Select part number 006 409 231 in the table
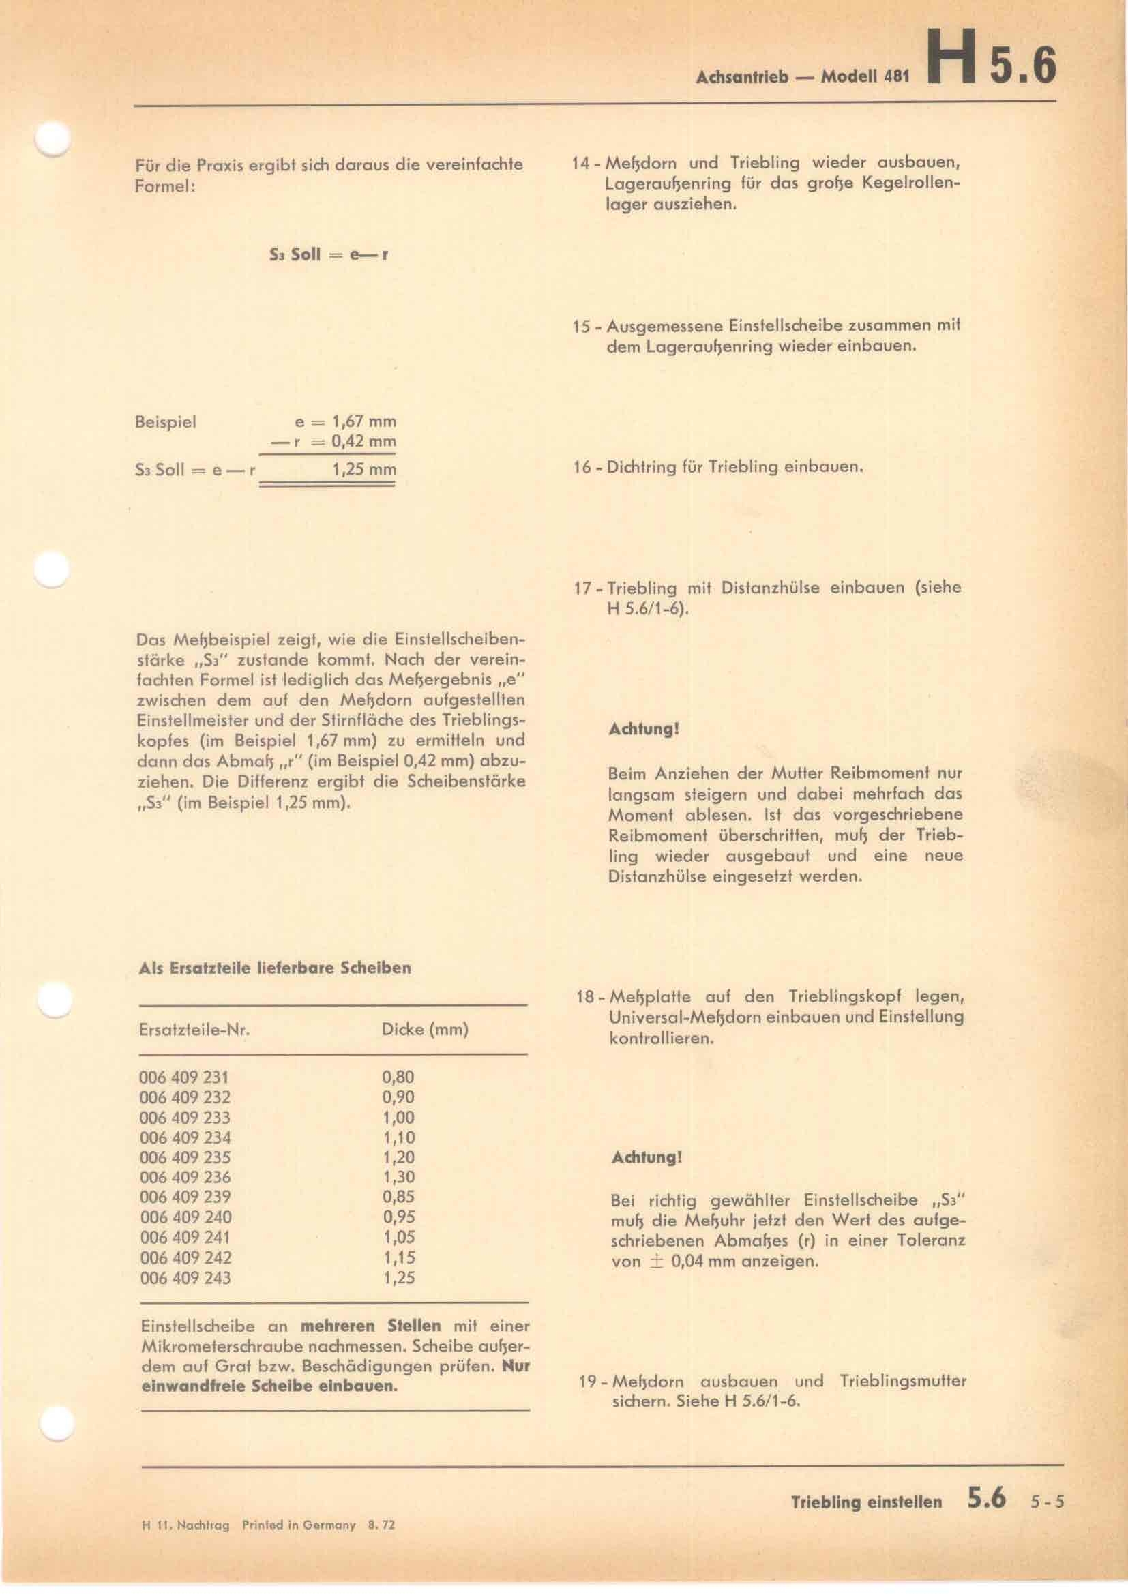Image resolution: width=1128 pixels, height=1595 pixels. coord(184,1077)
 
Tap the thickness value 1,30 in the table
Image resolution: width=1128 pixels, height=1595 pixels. coord(398,1177)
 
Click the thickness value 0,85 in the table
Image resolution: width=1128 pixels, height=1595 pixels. coord(398,1197)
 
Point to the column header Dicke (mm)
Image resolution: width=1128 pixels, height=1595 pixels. coord(424,1029)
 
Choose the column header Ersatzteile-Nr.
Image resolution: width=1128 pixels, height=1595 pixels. coord(194,1030)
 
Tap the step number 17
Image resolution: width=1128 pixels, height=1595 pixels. coord(581,588)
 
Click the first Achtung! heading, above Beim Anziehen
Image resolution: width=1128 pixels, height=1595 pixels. coord(643,730)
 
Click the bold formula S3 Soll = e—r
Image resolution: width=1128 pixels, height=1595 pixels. coord(329,254)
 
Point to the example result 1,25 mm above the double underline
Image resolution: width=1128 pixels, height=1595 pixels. coord(364,470)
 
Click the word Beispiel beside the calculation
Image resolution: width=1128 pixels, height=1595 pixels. coord(166,421)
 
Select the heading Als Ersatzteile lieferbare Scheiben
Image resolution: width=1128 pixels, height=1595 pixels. coord(275,968)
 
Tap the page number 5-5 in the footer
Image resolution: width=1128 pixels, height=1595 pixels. coord(1047,1516)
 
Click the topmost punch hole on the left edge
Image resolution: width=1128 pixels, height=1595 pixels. coord(53,138)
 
